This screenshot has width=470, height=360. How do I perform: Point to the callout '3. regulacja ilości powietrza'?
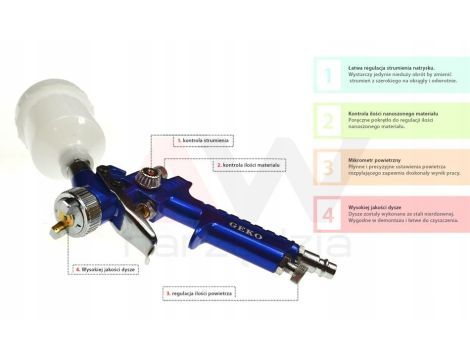pos(200,292)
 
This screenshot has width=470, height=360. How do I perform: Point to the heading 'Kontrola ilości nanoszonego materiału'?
pos(393,112)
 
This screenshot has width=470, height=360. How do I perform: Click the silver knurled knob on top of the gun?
pos(151,179)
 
